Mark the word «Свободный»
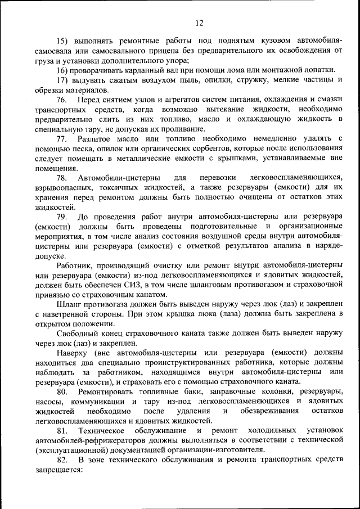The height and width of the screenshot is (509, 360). coord(78,333)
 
